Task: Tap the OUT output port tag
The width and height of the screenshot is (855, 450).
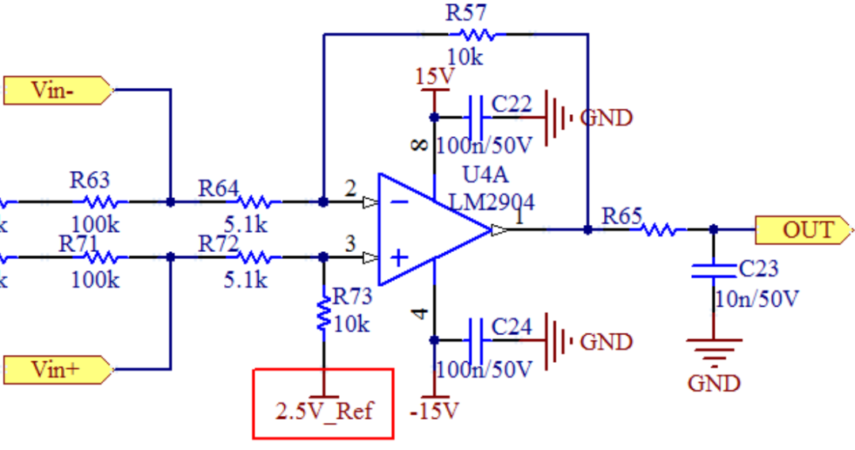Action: tap(804, 230)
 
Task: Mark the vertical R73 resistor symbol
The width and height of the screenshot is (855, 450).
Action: tap(324, 314)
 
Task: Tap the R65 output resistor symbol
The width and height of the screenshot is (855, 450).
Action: tap(658, 230)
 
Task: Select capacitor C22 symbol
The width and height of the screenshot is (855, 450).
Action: tap(477, 117)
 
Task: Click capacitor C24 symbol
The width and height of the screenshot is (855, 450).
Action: tap(477, 341)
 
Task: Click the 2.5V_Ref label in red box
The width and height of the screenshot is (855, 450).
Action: tap(324, 411)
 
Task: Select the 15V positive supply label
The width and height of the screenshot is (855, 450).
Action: tap(434, 77)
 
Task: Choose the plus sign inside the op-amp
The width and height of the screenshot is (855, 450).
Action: tap(400, 257)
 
